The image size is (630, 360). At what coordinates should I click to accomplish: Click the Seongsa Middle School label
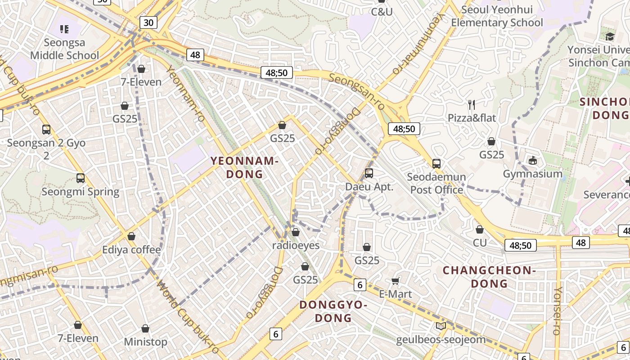(x=64, y=49)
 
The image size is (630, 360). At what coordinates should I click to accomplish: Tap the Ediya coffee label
(x=131, y=250)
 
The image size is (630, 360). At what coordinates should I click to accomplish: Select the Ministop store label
(x=145, y=342)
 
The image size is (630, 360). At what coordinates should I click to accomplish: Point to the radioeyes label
(x=296, y=245)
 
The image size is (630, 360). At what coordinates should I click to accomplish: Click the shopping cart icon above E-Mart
(x=395, y=281)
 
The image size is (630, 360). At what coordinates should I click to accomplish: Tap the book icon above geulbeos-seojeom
(x=441, y=326)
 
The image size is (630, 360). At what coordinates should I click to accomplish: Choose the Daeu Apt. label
(x=369, y=187)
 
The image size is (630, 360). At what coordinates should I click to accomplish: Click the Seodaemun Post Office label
(x=436, y=183)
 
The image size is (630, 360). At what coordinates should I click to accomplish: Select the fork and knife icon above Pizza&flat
(x=471, y=105)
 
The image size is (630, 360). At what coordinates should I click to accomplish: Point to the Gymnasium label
(x=533, y=174)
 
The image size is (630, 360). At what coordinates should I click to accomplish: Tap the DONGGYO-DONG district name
(x=333, y=311)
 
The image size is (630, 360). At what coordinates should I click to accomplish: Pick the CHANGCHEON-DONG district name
(x=489, y=277)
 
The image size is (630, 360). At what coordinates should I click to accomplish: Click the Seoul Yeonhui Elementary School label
(x=497, y=16)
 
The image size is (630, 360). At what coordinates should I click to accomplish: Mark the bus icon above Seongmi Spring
(x=81, y=178)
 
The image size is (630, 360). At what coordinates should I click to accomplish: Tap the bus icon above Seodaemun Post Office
(x=436, y=163)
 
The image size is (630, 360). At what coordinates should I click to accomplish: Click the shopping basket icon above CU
(x=480, y=229)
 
